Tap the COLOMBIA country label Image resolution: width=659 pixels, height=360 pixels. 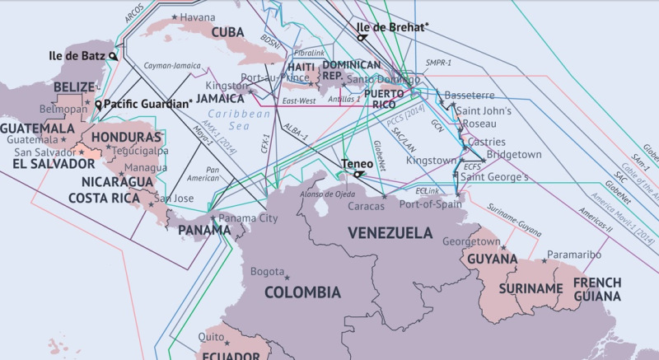[x=302, y=292]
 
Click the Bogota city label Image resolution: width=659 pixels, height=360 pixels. [x=267, y=271]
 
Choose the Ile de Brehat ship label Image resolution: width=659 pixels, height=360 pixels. [x=392, y=27]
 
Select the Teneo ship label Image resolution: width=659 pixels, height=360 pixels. [x=358, y=163]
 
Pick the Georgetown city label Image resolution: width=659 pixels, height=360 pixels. [x=471, y=242]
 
